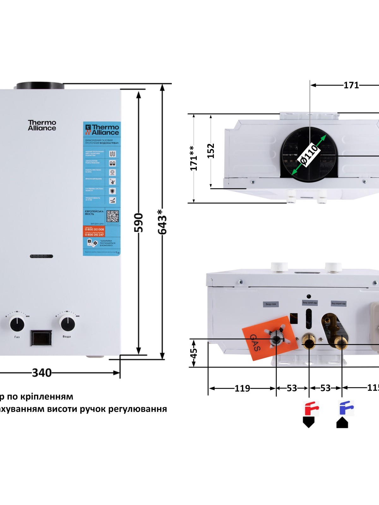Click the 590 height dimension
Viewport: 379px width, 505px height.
(x=139, y=223)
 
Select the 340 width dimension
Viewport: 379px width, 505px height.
(x=42, y=373)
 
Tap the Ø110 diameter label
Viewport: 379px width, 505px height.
(x=310, y=154)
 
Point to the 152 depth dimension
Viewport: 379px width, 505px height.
(x=211, y=151)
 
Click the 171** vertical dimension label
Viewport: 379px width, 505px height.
(x=194, y=158)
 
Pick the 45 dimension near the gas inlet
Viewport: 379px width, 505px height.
(x=194, y=353)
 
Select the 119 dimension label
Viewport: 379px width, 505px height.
(x=242, y=388)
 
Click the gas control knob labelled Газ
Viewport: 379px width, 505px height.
(x=17, y=324)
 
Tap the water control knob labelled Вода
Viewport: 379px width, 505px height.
(x=67, y=323)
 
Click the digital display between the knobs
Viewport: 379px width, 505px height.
(x=41, y=338)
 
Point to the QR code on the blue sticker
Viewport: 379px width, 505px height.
(x=112, y=216)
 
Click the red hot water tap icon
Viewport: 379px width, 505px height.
(x=311, y=408)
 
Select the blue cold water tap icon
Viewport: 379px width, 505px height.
(x=346, y=408)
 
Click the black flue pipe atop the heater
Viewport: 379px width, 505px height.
(x=40, y=86)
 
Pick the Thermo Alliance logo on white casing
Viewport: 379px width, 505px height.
(x=42, y=125)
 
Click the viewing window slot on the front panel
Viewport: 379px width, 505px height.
(x=41, y=256)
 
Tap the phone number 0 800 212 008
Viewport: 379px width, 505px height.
(x=94, y=229)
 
